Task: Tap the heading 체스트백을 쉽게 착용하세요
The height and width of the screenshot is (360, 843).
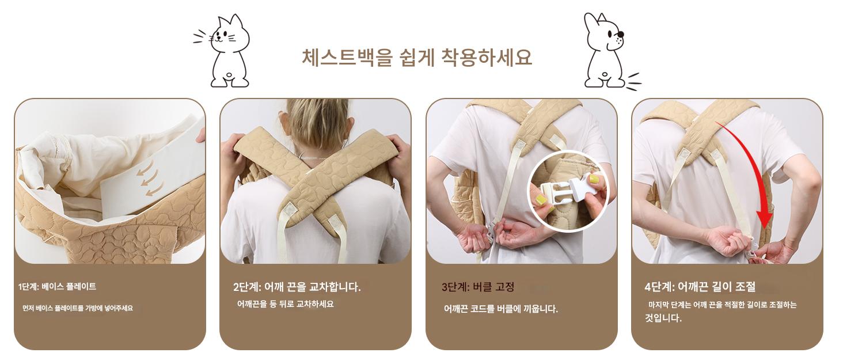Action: (x=417, y=58)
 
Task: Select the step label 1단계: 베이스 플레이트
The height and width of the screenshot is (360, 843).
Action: (x=57, y=287)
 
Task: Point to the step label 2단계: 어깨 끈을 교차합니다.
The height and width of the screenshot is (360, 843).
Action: (x=297, y=287)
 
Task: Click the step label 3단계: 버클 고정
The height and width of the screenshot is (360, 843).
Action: (x=478, y=287)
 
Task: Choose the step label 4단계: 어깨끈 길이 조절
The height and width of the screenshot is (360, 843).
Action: (x=700, y=287)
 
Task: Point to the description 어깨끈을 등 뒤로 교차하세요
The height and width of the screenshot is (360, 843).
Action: (x=285, y=304)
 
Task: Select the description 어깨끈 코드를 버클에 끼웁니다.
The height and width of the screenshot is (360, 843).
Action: (x=500, y=309)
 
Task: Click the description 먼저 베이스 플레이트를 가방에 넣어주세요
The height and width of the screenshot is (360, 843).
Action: (x=78, y=308)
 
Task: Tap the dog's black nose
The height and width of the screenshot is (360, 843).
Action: (x=621, y=34)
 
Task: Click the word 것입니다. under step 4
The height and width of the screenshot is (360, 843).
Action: (x=663, y=318)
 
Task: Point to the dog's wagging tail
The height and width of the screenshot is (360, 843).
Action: (x=633, y=82)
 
